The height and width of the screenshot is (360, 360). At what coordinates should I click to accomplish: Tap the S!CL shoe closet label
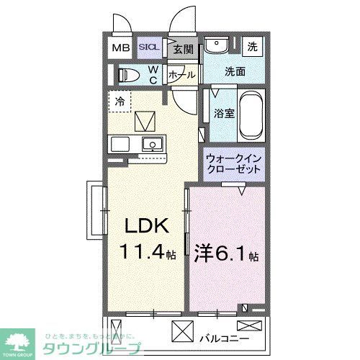(x=150, y=48)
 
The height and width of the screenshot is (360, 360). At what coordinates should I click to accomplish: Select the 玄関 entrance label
(x=183, y=49)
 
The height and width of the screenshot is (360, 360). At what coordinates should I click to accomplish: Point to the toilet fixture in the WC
(x=129, y=74)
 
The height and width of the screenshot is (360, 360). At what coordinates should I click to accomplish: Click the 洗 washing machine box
(x=252, y=47)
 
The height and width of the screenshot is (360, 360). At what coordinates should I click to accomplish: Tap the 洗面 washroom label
(x=235, y=71)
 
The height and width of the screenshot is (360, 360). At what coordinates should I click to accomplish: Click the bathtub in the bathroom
(x=251, y=114)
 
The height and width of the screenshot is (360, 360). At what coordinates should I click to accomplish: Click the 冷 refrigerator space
(x=120, y=101)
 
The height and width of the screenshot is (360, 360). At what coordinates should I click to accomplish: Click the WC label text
(x=153, y=74)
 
